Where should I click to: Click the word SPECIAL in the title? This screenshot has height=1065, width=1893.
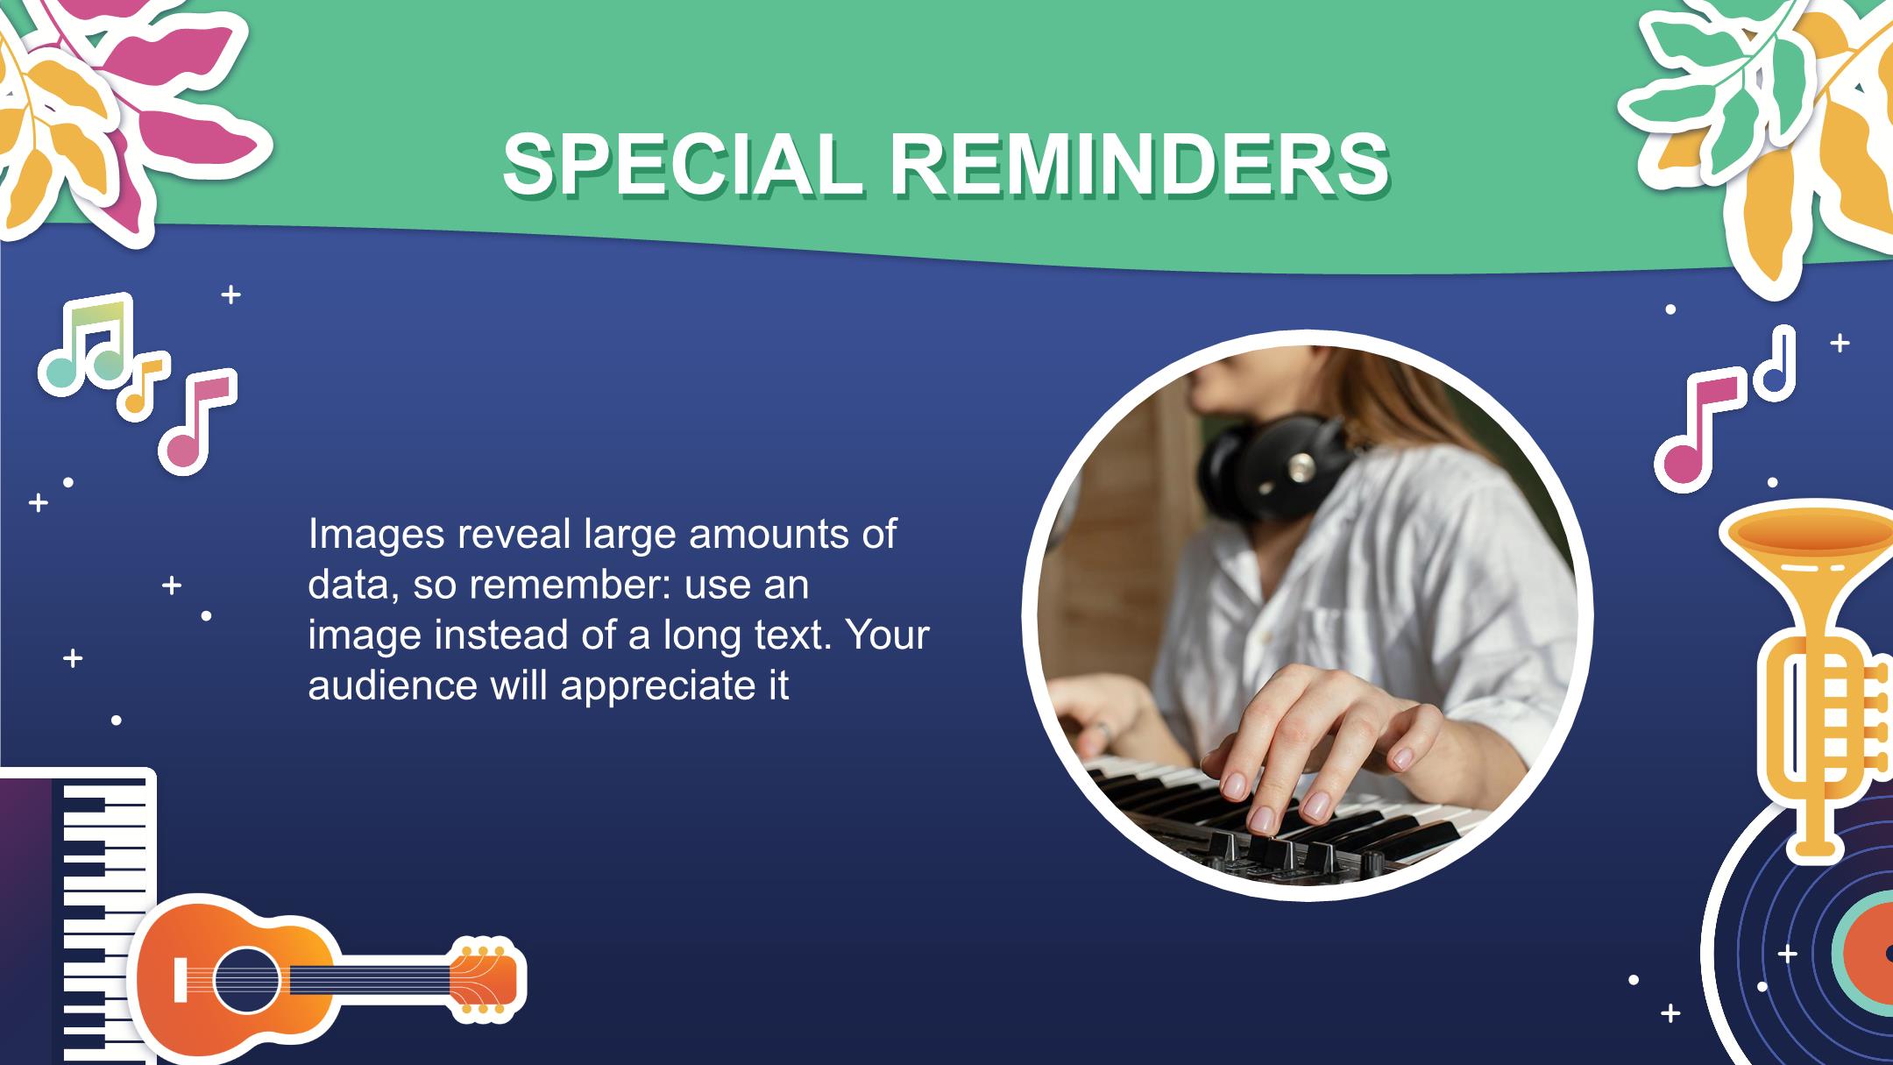[682, 165]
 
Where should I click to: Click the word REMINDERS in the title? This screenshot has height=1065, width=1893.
[1139, 165]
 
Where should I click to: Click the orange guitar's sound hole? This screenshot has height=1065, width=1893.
[246, 979]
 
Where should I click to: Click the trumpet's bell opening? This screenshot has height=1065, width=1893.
[1811, 529]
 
